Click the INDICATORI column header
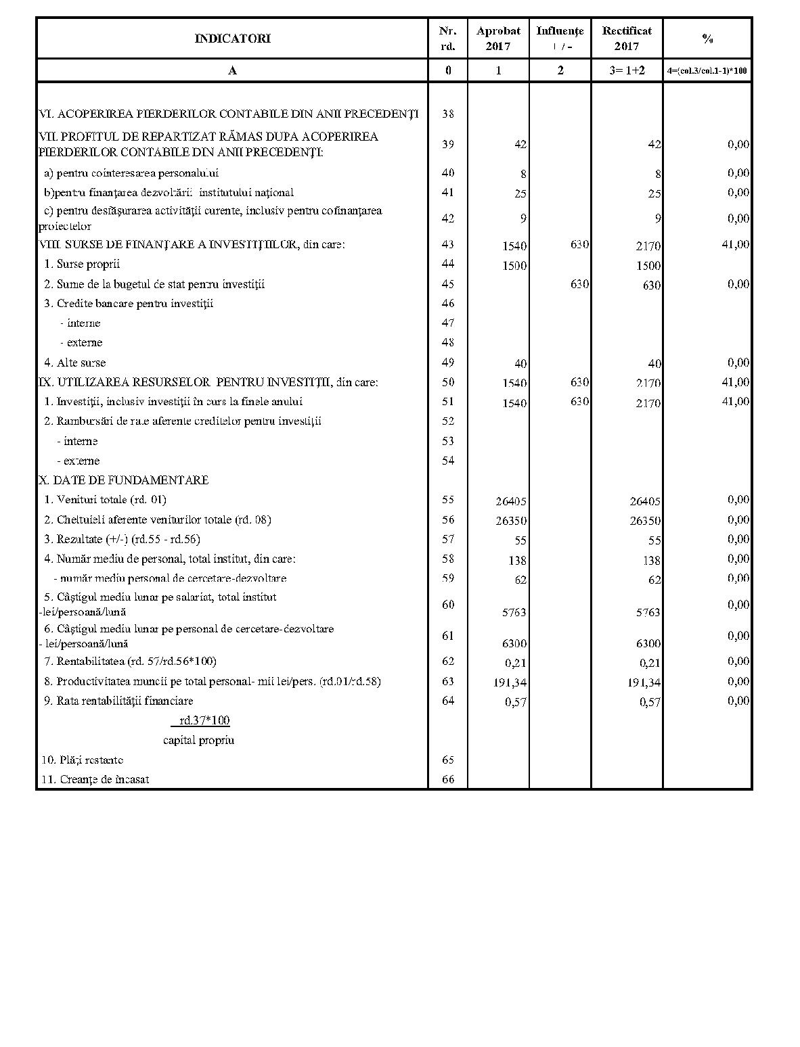click(x=232, y=39)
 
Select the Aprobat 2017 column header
click(x=498, y=39)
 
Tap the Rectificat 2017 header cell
click(x=627, y=39)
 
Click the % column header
click(x=707, y=39)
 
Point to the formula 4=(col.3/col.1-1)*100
click(x=707, y=70)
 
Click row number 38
click(x=448, y=114)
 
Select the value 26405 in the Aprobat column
click(x=511, y=501)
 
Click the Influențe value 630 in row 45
click(x=579, y=284)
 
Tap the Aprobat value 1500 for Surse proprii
click(x=514, y=265)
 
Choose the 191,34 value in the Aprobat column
click(x=510, y=682)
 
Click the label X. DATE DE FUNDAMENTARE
click(x=124, y=480)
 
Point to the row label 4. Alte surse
click(x=75, y=363)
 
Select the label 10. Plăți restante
click(x=82, y=760)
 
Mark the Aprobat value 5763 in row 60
click(x=514, y=612)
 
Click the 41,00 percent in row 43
click(x=736, y=244)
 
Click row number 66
click(x=448, y=779)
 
